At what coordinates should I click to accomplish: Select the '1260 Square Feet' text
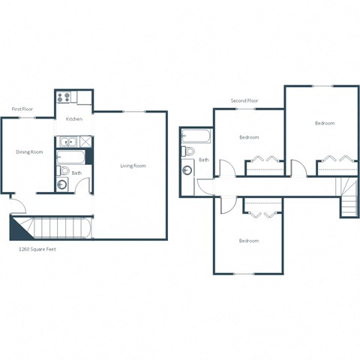click(37, 249)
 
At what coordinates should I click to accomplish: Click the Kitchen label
click(73, 119)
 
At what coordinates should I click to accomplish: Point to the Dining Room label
click(29, 152)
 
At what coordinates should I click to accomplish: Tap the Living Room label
click(133, 166)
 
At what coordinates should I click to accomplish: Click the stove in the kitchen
click(63, 96)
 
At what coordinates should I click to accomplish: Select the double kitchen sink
click(67, 141)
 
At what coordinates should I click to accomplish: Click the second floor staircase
click(349, 197)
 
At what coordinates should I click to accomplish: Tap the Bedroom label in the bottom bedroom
click(249, 241)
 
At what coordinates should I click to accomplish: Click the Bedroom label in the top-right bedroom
click(324, 123)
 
